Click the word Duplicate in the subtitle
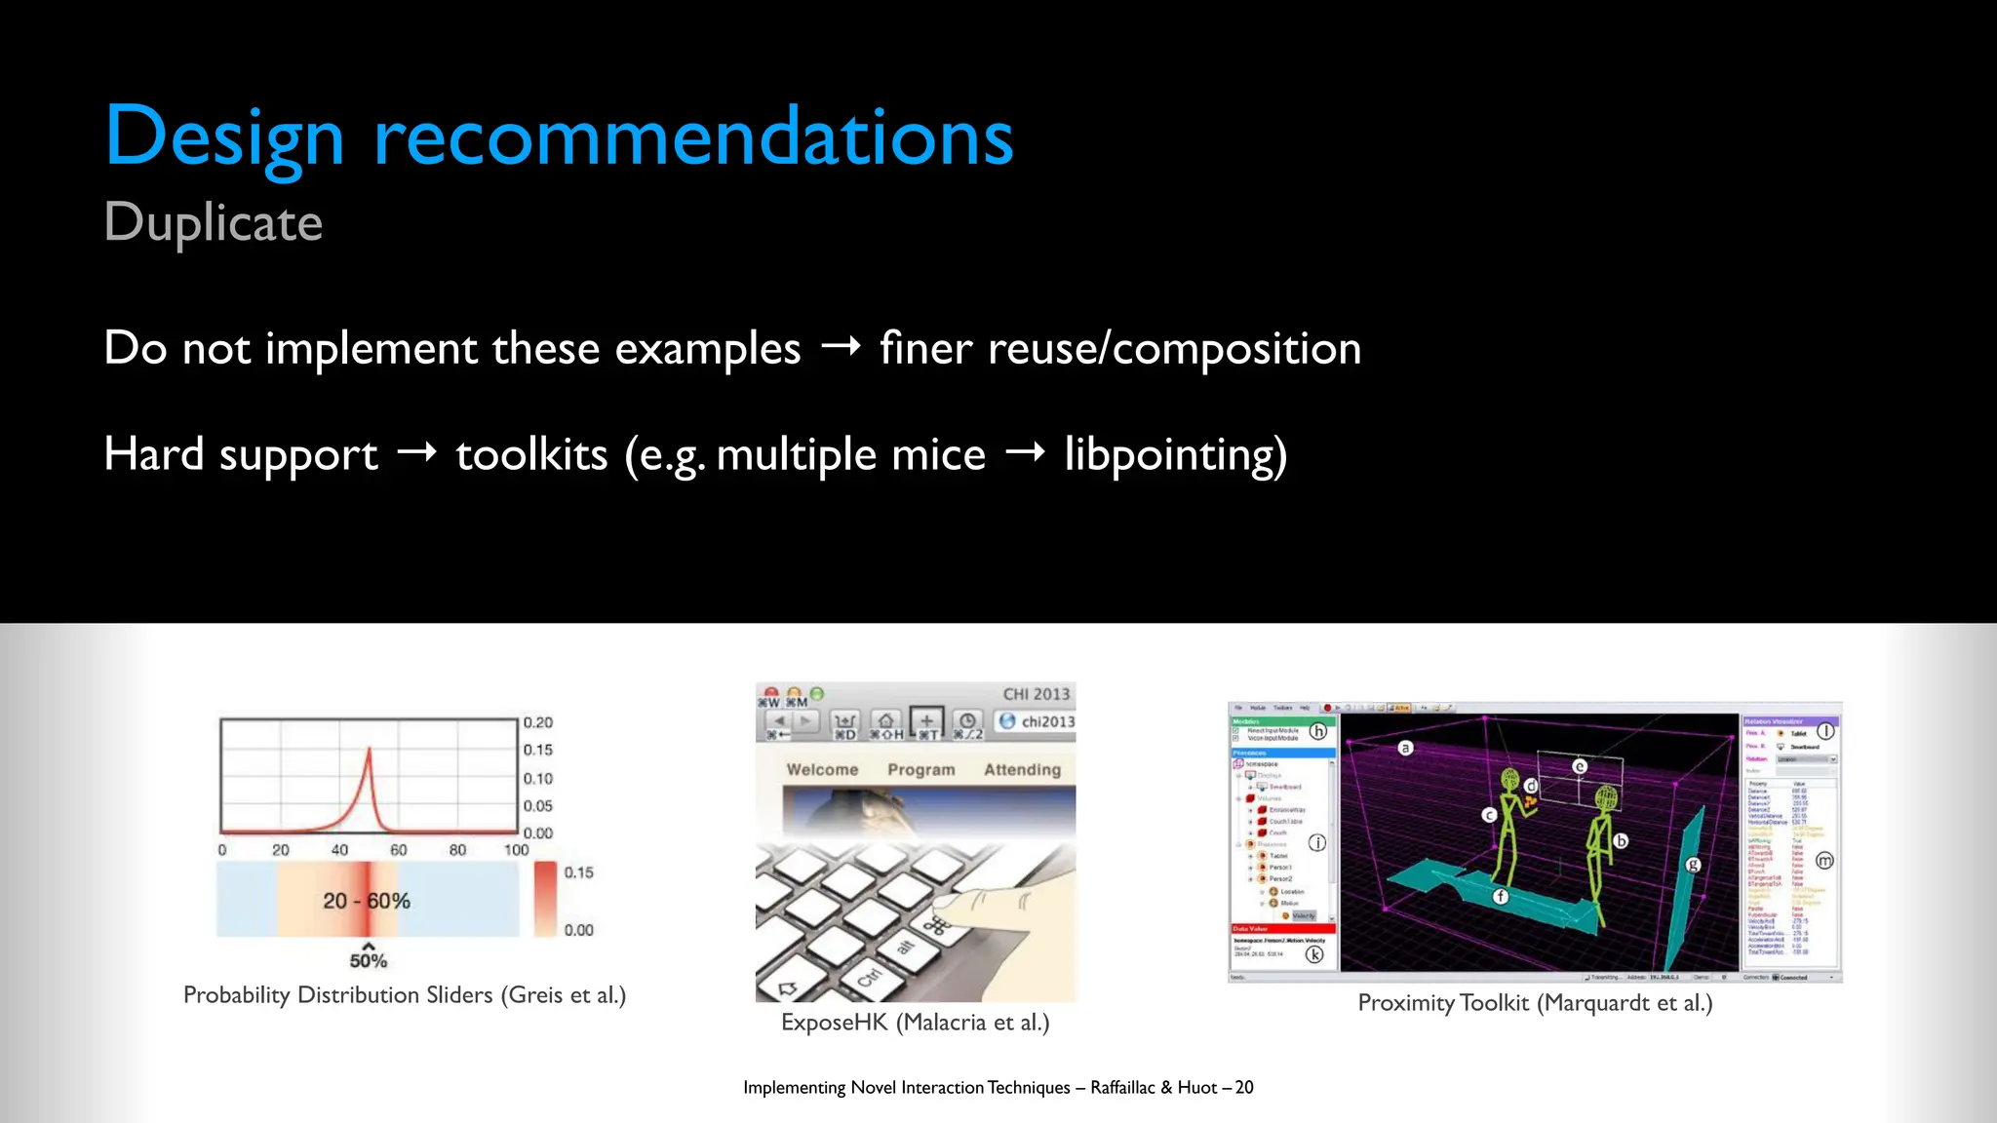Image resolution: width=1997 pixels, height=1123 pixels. coord(213,223)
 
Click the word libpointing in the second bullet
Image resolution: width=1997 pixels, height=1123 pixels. coord(1174,454)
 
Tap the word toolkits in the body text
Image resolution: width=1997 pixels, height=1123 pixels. coord(531,454)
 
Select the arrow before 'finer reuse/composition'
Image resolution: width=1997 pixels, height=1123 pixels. coord(841,346)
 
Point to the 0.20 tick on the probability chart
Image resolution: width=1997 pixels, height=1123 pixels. coord(537,722)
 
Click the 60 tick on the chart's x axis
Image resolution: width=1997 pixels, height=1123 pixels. coord(399,850)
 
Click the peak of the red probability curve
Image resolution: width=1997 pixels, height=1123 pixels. coord(370,749)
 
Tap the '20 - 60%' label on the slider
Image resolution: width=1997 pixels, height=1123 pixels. coord(367,901)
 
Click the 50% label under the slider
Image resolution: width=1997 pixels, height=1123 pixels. coord(369,961)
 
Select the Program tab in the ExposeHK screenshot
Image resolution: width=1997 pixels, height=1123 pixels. coord(920,770)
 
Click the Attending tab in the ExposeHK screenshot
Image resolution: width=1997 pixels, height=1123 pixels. coord(1022,770)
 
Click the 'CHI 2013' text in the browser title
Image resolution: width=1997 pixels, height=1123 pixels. coord(1036,694)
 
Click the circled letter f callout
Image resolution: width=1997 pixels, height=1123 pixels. coord(1501,896)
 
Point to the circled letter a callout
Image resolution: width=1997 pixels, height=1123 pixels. coord(1405,748)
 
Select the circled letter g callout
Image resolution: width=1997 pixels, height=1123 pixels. coord(1693,865)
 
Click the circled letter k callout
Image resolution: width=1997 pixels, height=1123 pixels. coord(1314,954)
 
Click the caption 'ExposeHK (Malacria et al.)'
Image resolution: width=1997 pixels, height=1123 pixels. coord(915,1023)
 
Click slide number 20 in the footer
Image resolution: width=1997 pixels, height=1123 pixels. coord(1244,1088)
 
